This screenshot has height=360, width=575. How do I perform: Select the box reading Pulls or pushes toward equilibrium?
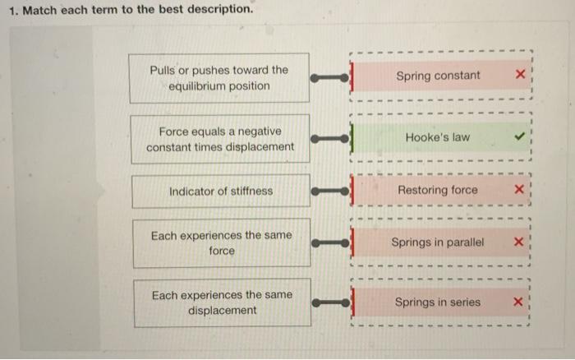pos(219,78)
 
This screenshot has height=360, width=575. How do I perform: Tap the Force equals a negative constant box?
pos(219,139)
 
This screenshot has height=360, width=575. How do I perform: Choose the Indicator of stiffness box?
pos(220,191)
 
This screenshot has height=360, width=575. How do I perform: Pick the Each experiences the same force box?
pos(220,242)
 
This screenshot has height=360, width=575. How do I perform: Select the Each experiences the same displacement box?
pos(220,302)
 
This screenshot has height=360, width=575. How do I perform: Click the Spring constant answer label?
pos(438,76)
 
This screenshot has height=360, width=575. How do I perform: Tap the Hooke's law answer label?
pos(438,137)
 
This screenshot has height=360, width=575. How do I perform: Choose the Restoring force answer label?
pos(437,190)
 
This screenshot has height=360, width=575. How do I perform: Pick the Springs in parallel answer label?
pos(438,242)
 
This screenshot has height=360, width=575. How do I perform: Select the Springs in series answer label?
pos(437,302)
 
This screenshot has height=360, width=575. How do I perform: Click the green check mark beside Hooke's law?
pos(517,137)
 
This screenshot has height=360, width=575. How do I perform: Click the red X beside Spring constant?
pos(518,76)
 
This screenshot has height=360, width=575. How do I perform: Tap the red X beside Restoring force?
pos(518,190)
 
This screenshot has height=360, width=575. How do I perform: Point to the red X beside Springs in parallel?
pos(518,242)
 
